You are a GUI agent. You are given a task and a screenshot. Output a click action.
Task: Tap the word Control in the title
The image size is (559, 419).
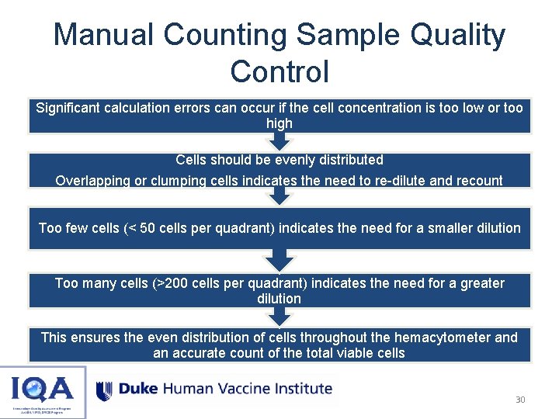coord(279,71)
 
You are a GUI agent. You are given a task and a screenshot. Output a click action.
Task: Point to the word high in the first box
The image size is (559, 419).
coord(279,123)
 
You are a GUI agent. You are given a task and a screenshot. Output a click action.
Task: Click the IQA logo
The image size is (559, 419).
coord(43,391)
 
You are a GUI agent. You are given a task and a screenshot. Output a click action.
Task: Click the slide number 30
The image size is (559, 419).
coord(520,400)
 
